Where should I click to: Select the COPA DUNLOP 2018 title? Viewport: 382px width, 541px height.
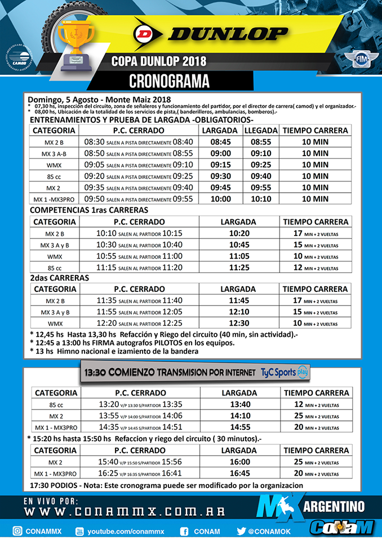pyautogui.click(x=158, y=60)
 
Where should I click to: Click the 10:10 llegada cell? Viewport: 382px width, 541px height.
pyautogui.click(x=261, y=198)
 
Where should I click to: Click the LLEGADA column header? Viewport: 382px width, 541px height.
pyautogui.click(x=261, y=130)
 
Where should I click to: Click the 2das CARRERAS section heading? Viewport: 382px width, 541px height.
pyautogui.click(x=59, y=278)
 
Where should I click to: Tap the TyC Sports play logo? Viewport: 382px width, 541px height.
pyautogui.click(x=285, y=373)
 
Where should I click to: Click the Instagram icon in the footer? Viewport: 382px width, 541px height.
pyautogui.click(x=17, y=530)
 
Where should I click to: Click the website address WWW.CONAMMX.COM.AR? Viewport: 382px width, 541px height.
pyautogui.click(x=124, y=512)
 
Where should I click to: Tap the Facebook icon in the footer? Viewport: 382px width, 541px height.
pyautogui.click(x=184, y=530)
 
